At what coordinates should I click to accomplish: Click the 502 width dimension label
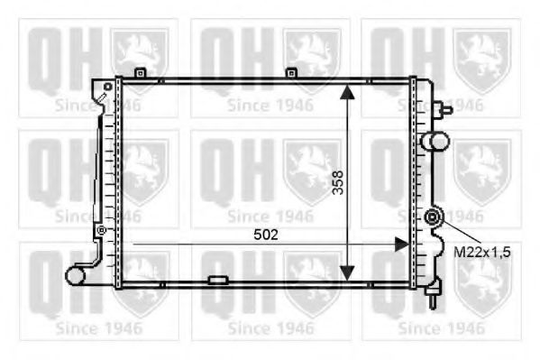point(266,235)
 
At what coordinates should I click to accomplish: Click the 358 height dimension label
point(338,183)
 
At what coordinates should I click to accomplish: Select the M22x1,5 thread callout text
point(481,253)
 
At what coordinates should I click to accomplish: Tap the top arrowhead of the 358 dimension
point(347,92)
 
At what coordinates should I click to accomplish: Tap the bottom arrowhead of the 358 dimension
point(347,272)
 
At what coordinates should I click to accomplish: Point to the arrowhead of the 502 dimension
point(401,245)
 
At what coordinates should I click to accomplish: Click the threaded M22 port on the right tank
point(432,217)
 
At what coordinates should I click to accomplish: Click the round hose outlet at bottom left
point(75,275)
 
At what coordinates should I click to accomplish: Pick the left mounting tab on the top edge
point(140,73)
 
